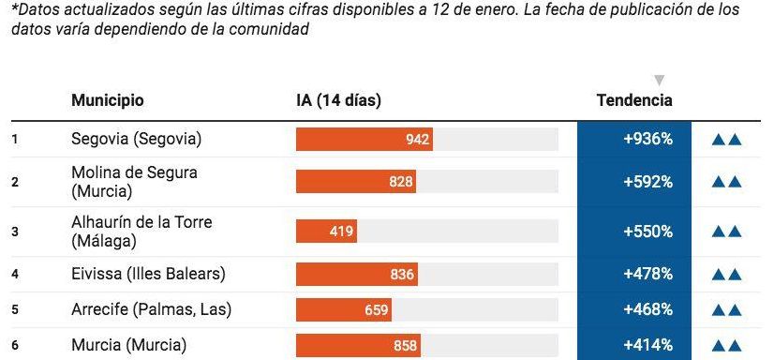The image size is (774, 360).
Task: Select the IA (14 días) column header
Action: [x=338, y=101]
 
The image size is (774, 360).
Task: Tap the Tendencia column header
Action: [x=633, y=101]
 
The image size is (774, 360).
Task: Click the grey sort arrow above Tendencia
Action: [x=659, y=81]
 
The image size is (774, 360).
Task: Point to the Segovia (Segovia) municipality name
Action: [x=136, y=140]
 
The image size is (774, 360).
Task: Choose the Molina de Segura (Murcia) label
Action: [x=134, y=182]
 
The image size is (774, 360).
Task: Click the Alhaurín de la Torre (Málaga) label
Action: [x=141, y=232]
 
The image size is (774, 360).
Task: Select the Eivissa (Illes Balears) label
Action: [x=148, y=275]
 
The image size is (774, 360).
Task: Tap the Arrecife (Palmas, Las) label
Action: [x=151, y=309]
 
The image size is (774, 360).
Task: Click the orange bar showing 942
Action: [x=364, y=140]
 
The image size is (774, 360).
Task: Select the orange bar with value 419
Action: [x=326, y=232]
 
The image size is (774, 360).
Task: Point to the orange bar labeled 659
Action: [x=344, y=309]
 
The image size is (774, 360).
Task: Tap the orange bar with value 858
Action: [x=358, y=345]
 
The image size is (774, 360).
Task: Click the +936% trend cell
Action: [x=634, y=140]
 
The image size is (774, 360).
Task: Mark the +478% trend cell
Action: [x=634, y=275]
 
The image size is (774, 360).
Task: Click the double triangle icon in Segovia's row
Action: [x=726, y=141]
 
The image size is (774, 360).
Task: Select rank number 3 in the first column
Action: [x=15, y=232]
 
